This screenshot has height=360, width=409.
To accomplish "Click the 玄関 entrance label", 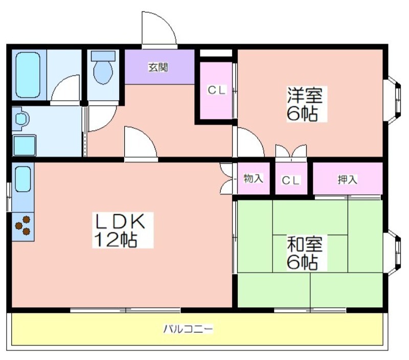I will click(x=158, y=66).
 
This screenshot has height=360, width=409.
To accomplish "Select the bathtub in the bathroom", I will click(x=28, y=74).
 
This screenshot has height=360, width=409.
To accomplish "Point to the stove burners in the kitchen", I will click(x=23, y=226).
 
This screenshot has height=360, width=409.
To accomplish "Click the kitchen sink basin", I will click(x=22, y=179).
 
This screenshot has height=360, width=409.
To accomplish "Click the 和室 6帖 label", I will click(x=305, y=253).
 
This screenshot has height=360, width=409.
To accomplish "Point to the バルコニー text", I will click(x=188, y=328).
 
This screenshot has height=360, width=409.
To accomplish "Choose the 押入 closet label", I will click(x=348, y=179).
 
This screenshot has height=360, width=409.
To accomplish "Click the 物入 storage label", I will click(x=254, y=178).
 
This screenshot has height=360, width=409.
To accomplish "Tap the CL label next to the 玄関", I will click(x=216, y=90).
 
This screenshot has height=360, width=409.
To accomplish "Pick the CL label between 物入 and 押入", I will click(x=291, y=180).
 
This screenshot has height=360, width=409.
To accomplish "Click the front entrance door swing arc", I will click(x=158, y=28).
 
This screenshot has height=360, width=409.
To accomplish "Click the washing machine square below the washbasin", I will click(x=24, y=145).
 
